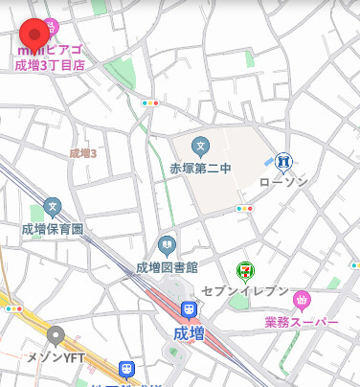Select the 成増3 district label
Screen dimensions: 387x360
[x=83, y=153]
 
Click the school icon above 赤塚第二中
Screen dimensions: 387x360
[x=200, y=147]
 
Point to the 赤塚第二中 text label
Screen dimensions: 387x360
[x=200, y=169]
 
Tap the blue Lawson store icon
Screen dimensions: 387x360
[x=282, y=161]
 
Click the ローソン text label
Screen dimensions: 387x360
[x=282, y=181]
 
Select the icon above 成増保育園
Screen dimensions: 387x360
[x=53, y=207]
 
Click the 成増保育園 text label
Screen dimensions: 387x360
[x=53, y=229]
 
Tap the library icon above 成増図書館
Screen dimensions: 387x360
[x=167, y=244]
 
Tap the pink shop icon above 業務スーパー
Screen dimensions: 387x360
[x=302, y=301]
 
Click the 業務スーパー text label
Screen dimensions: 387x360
[x=302, y=322]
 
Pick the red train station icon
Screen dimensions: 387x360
[x=190, y=310]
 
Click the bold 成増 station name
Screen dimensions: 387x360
[x=190, y=333]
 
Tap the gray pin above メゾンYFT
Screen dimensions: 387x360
[x=56, y=336]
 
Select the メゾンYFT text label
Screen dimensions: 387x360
[x=56, y=358]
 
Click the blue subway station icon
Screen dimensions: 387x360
[x=125, y=369]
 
